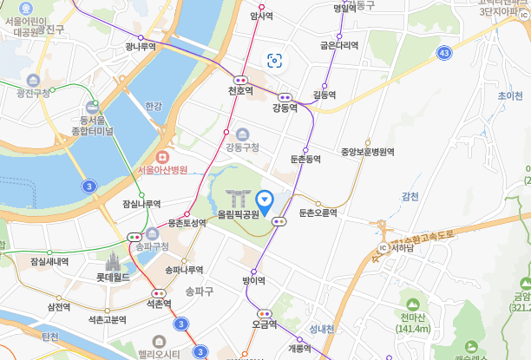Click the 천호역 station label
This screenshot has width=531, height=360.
(x=240, y=90)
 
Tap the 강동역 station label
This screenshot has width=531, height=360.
(x=284, y=108)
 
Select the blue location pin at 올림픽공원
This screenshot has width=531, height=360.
(x=266, y=200)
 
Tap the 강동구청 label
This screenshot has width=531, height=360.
(x=243, y=147)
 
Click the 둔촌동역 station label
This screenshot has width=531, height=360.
(x=305, y=160)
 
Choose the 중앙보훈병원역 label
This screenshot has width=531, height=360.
(x=368, y=152)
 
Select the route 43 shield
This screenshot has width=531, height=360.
(x=444, y=54)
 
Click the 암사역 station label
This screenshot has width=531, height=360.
(x=261, y=16)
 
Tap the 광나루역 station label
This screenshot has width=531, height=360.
(x=140, y=47)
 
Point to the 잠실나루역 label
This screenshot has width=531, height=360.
(x=141, y=204)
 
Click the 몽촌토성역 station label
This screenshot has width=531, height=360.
(x=187, y=223)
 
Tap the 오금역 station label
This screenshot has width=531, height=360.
(x=264, y=324)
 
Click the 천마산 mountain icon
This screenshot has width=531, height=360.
(x=412, y=304)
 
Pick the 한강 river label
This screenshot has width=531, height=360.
(x=154, y=106)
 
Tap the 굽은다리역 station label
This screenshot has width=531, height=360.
(x=338, y=45)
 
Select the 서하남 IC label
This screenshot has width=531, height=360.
(x=402, y=247)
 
